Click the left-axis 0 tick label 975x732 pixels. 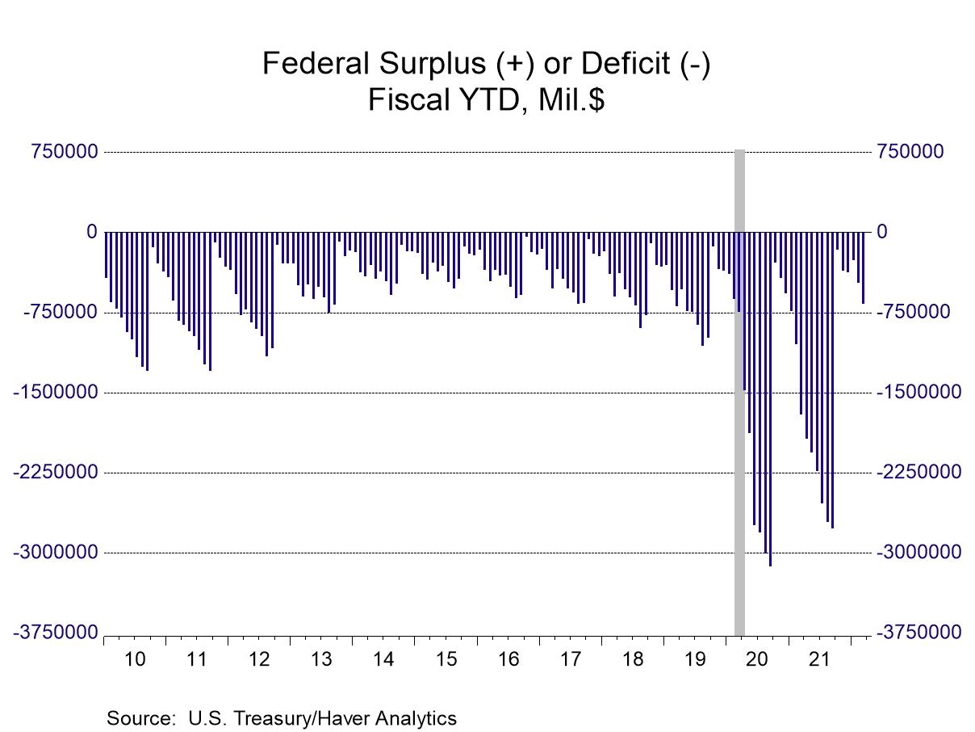click(91, 232)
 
